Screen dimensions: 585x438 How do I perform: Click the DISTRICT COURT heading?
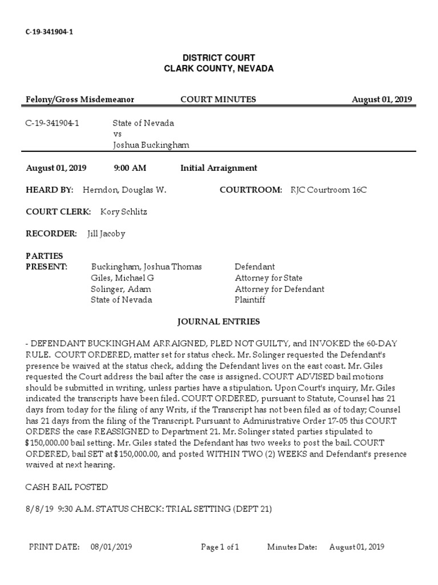point(218,58)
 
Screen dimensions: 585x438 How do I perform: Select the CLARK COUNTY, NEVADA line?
point(218,69)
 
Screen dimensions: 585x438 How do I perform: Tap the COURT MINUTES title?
point(218,99)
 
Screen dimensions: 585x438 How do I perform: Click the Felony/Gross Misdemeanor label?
point(80,99)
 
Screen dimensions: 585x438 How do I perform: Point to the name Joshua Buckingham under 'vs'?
point(151,145)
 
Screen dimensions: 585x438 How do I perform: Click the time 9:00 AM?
point(131,168)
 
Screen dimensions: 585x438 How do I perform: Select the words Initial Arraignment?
point(218,168)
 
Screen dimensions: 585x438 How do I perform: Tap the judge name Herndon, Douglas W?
point(125,190)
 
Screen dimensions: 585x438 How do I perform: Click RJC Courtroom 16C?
point(328,190)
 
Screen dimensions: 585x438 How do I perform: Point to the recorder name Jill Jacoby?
point(106,233)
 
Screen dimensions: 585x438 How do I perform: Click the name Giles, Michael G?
point(123,278)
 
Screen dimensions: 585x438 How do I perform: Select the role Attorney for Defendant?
point(279,289)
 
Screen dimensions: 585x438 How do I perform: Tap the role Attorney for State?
point(269,278)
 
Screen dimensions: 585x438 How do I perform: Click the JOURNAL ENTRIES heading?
point(219,322)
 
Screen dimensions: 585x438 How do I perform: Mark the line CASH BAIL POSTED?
point(67,487)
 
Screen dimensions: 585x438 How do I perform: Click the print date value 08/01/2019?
point(111,547)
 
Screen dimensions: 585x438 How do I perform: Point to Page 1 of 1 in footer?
point(220,547)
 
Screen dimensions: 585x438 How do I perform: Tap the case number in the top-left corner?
point(49,32)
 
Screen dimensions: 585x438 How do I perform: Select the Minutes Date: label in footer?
point(292,547)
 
